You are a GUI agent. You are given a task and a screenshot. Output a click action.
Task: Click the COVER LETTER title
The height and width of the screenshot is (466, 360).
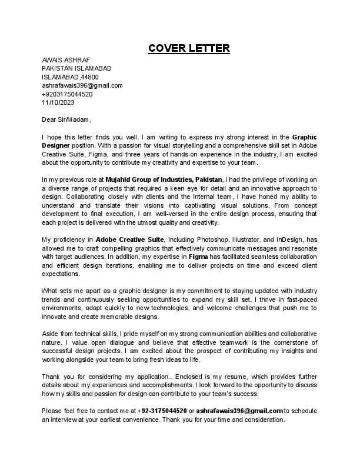click(x=189, y=48)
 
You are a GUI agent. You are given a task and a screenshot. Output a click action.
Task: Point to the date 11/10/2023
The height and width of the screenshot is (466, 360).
click(x=56, y=102)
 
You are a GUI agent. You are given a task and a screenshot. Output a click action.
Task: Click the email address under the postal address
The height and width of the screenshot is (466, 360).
click(x=82, y=85)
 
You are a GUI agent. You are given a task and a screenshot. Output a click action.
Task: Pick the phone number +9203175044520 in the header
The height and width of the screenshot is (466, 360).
click(x=67, y=94)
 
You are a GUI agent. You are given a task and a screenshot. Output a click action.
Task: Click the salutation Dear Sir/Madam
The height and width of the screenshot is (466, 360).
click(x=66, y=119)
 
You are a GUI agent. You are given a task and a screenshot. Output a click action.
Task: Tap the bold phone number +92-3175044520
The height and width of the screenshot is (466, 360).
click(x=162, y=410)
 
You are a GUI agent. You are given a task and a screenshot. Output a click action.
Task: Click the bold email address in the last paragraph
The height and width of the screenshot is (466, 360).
click(x=239, y=410)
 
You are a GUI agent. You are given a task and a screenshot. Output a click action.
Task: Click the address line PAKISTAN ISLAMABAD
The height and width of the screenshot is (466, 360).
click(x=76, y=68)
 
